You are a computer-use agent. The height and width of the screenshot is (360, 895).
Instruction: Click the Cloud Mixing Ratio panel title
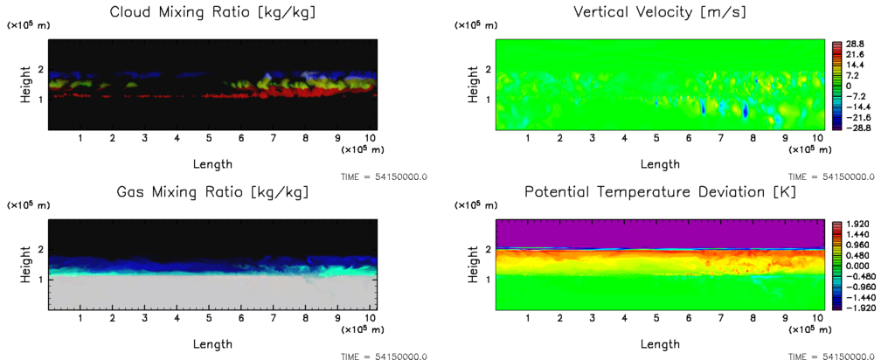[x=212, y=12]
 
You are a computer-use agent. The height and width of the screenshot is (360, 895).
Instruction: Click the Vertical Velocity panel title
[x=659, y=12]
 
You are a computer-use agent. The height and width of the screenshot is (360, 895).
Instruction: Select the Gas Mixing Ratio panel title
[x=212, y=192]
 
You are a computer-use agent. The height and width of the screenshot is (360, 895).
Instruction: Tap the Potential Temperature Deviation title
[x=659, y=192]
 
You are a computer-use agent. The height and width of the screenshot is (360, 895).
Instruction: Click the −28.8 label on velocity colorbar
[x=851, y=128]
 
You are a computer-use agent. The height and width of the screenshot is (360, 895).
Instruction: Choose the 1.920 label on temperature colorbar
[x=854, y=224]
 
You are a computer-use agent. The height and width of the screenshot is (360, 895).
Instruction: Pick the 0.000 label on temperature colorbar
[x=854, y=266]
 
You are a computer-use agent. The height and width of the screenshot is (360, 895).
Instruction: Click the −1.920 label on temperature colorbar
[x=852, y=308]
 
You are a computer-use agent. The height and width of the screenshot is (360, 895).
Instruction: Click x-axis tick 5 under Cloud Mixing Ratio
[x=209, y=138]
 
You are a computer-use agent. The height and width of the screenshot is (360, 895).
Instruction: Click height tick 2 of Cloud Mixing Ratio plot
[x=39, y=69]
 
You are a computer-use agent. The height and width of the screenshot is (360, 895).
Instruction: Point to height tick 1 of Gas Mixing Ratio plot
[x=39, y=279]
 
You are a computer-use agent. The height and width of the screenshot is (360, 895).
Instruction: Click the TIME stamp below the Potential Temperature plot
[x=831, y=357]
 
